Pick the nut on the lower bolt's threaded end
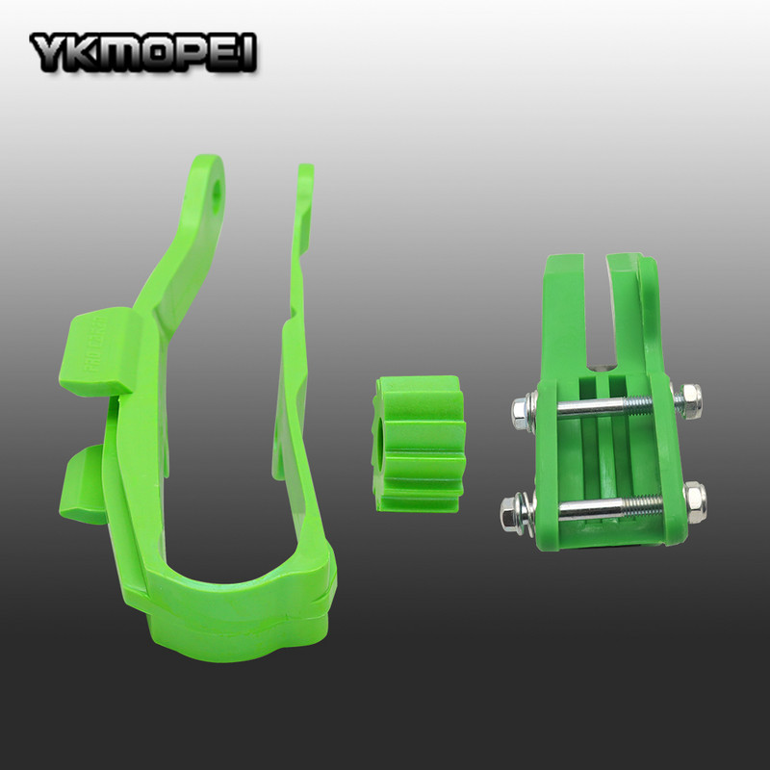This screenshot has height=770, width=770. [693, 498]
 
